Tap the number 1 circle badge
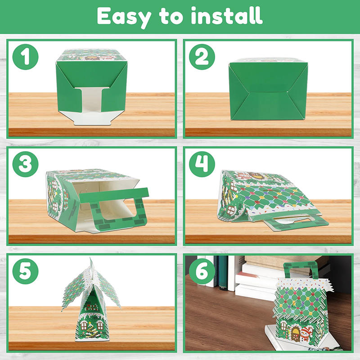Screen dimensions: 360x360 [25, 57]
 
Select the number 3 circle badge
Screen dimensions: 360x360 [25, 164]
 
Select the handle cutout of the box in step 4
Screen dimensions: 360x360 [295, 219]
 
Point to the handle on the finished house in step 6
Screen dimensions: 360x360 [300, 268]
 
